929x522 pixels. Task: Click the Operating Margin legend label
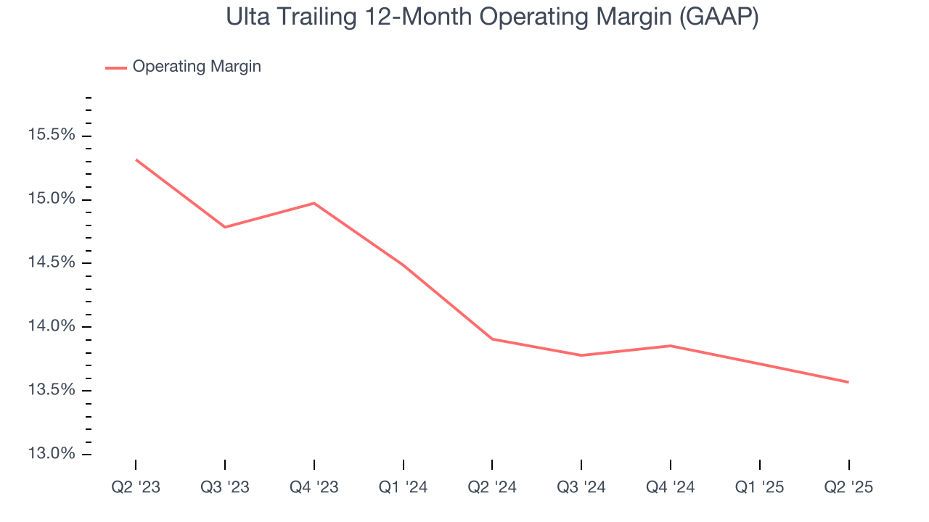pyautogui.click(x=197, y=67)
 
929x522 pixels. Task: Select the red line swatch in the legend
pyautogui.click(x=116, y=67)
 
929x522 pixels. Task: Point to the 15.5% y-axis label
pyautogui.click(x=51, y=135)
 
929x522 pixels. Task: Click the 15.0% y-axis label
pyautogui.click(x=51, y=199)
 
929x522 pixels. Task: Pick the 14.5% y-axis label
pyautogui.click(x=51, y=262)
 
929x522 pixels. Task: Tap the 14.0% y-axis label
pyautogui.click(x=51, y=326)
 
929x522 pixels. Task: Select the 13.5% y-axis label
pyautogui.click(x=51, y=390)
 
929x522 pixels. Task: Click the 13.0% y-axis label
pyautogui.click(x=51, y=454)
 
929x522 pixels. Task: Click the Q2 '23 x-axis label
pyautogui.click(x=136, y=488)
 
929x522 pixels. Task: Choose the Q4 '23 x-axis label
pyautogui.click(x=314, y=488)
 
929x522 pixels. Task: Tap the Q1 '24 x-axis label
pyautogui.click(x=403, y=488)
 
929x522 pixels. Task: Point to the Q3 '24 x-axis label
pyautogui.click(x=581, y=488)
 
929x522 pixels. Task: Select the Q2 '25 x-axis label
pyautogui.click(x=848, y=488)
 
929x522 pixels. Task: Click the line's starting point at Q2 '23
pyautogui.click(x=136, y=159)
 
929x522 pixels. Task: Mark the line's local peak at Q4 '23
pyautogui.click(x=314, y=203)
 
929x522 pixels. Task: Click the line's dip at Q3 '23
pyautogui.click(x=225, y=227)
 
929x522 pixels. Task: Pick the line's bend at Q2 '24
pyautogui.click(x=492, y=339)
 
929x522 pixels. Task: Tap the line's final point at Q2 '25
pyautogui.click(x=848, y=382)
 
